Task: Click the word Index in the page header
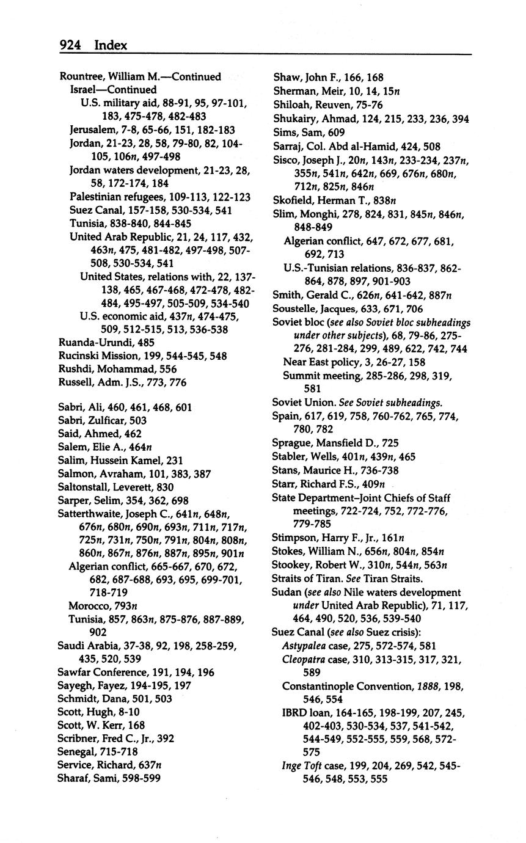tap(111, 45)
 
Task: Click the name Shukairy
tap(299, 119)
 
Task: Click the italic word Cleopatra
tap(304, 659)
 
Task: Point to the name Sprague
tap(292, 443)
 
